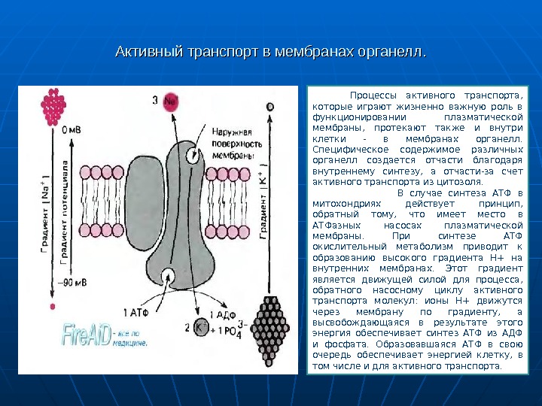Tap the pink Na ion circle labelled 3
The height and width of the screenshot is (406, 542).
(169, 100)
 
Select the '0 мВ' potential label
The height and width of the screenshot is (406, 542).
(72, 129)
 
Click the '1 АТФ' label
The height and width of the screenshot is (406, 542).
(143, 310)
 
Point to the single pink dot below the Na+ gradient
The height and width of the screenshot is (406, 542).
(51, 307)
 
